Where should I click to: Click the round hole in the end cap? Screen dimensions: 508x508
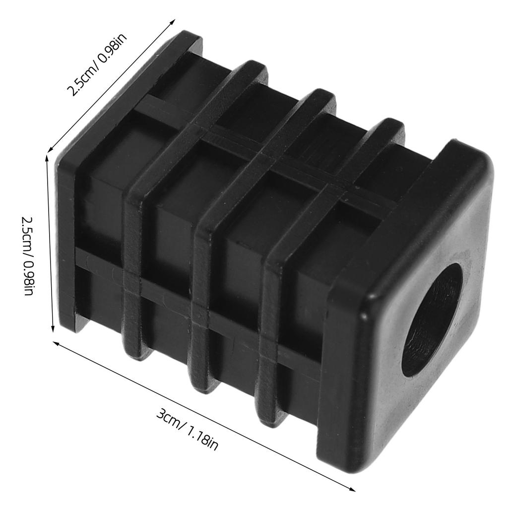pyautogui.click(x=432, y=319)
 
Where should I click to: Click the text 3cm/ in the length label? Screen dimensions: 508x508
pyautogui.click(x=170, y=418)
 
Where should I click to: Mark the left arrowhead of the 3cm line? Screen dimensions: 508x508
pyautogui.click(x=56, y=344)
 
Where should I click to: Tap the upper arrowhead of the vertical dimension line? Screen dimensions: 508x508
pyautogui.click(x=48, y=159)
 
